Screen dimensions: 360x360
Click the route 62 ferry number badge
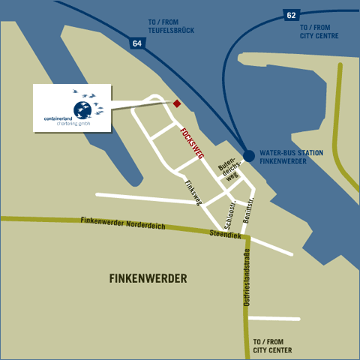tap(292, 14)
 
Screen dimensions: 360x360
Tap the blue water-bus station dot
tap(248, 155)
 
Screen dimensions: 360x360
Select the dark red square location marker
tap(177, 103)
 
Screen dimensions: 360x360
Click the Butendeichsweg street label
tap(227, 169)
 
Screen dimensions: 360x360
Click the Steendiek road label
tap(225, 235)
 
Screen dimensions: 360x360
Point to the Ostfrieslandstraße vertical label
tap(246, 282)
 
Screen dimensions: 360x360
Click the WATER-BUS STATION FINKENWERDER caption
tap(291, 157)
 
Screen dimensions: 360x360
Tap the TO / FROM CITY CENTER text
tap(273, 345)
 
